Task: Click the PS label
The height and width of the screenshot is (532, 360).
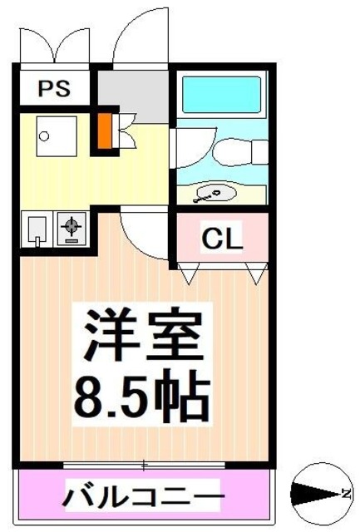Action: click(52, 87)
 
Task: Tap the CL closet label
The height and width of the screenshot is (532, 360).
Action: click(223, 239)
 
